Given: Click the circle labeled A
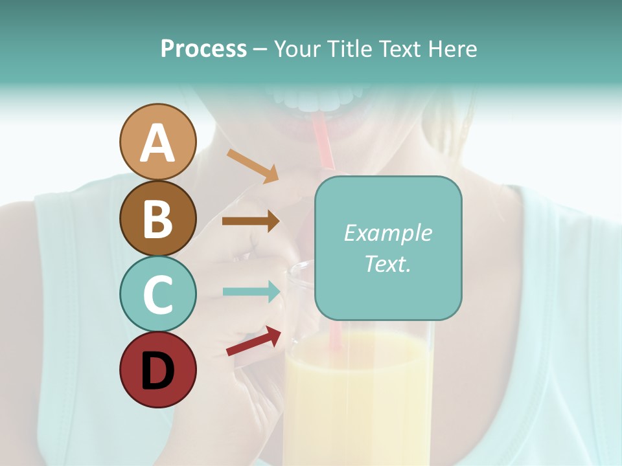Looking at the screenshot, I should pyautogui.click(x=158, y=142).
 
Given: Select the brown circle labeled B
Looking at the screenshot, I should pyautogui.click(x=158, y=218).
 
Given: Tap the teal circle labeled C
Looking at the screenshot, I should pyautogui.click(x=158, y=294).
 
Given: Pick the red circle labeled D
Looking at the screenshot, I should pyautogui.click(x=158, y=370).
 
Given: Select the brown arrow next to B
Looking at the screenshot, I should pyautogui.click(x=251, y=221).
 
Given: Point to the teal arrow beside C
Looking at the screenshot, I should pyautogui.click(x=251, y=291).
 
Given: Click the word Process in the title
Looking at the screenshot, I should pyautogui.click(x=203, y=49).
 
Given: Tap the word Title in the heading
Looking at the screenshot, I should pyautogui.click(x=347, y=49).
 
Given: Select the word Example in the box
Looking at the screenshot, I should pyautogui.click(x=387, y=233).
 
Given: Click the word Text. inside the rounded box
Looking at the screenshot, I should pyautogui.click(x=387, y=263).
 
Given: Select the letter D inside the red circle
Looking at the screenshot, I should pyautogui.click(x=158, y=370).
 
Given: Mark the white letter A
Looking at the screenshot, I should pyautogui.click(x=158, y=143).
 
